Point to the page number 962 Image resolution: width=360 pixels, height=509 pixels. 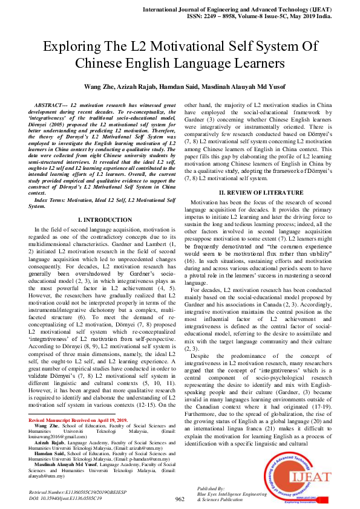(x=179, y=499)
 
